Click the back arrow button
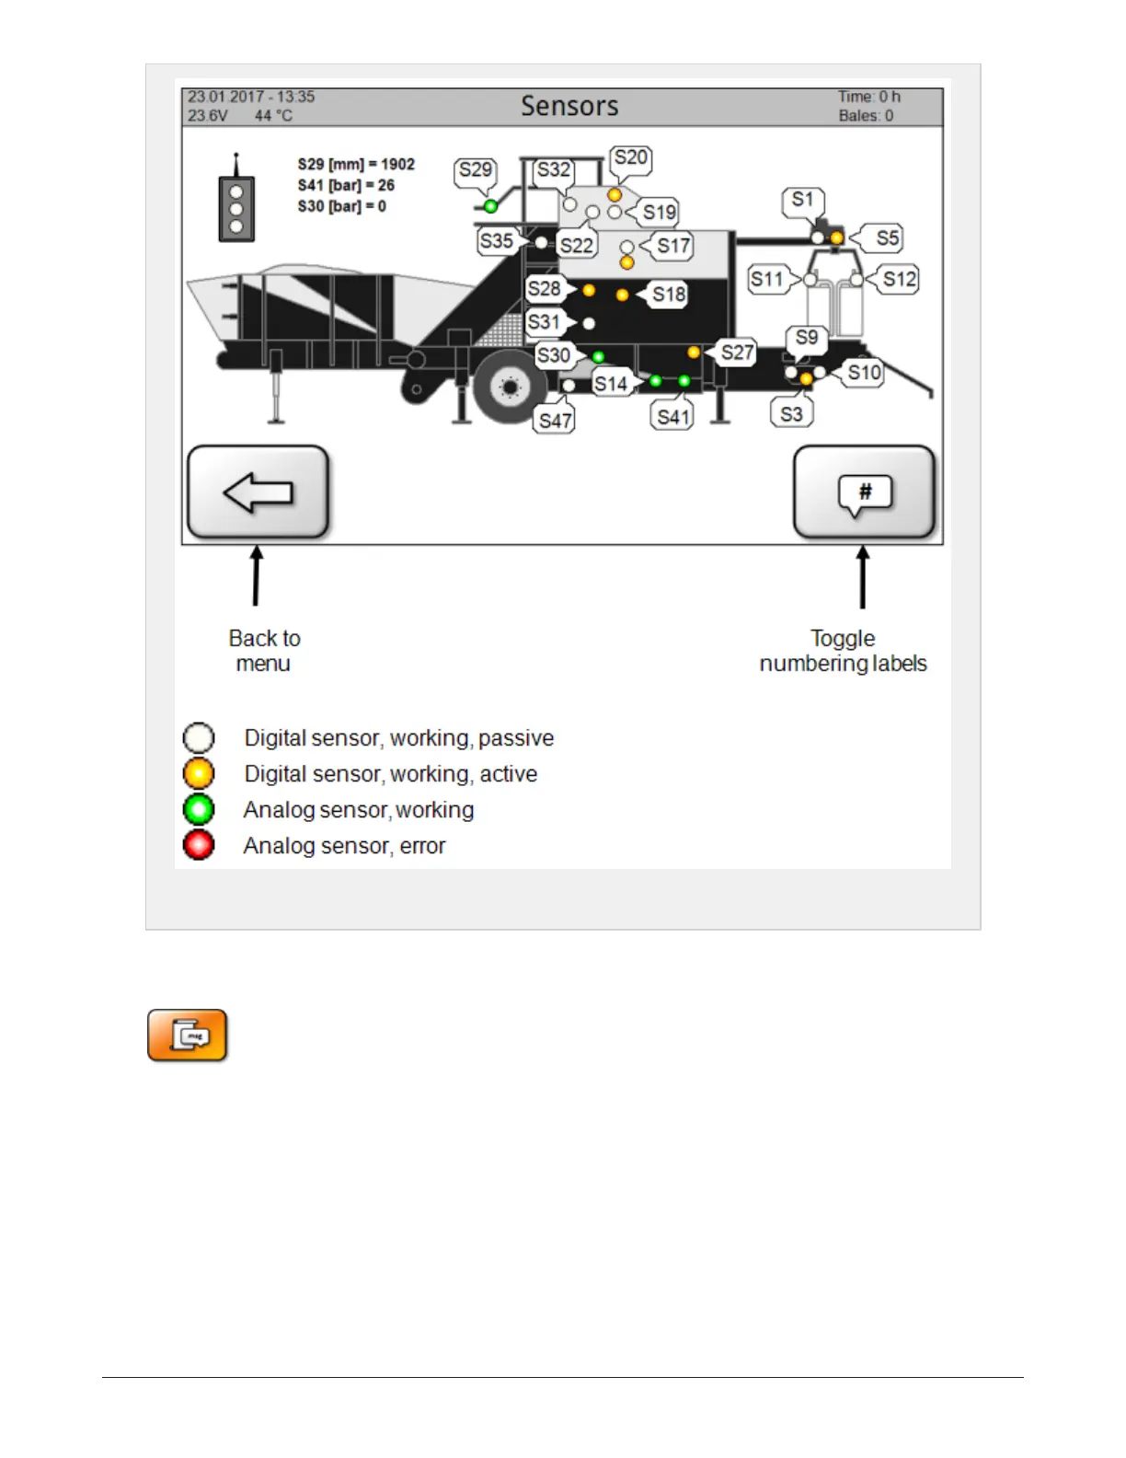click(x=258, y=492)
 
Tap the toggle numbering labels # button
click(x=864, y=492)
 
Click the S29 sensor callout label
click(x=476, y=170)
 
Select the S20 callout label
click(x=631, y=158)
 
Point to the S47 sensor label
click(x=555, y=421)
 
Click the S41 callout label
click(x=673, y=417)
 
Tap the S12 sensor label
click(x=899, y=279)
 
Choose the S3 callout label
click(x=791, y=414)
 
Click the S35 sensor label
click(x=497, y=241)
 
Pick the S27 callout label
click(x=737, y=353)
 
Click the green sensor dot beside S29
click(x=491, y=206)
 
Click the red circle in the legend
click(x=199, y=845)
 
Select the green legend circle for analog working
click(x=199, y=810)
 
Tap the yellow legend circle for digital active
click(x=199, y=774)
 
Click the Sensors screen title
click(x=569, y=107)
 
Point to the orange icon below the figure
click(x=188, y=1036)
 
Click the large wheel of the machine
click(x=509, y=388)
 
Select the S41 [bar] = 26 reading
click(x=346, y=186)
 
